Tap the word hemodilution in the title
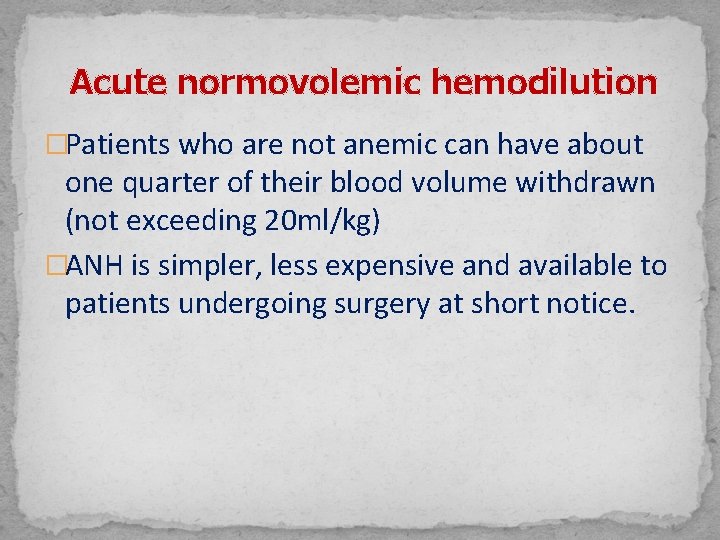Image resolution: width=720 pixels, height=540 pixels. (x=544, y=82)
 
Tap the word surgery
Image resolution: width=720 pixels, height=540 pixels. (x=376, y=304)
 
